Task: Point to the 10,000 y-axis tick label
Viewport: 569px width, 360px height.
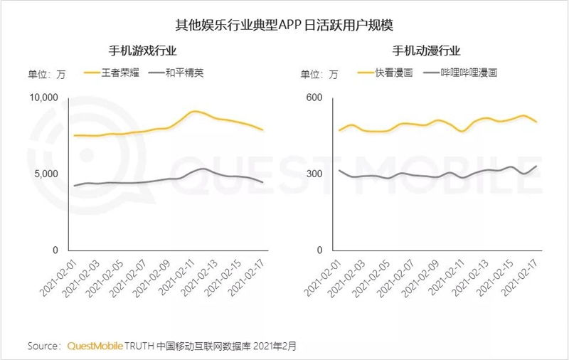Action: point(46,97)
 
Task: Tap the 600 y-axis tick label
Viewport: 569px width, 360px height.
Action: point(315,97)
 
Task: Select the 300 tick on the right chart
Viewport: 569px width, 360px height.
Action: point(315,174)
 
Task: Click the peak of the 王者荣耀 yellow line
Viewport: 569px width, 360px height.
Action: point(196,111)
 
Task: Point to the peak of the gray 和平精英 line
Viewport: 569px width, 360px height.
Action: point(203,169)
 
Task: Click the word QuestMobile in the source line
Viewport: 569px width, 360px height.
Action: point(95,346)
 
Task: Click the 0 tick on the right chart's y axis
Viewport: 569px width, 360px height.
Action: point(319,250)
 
